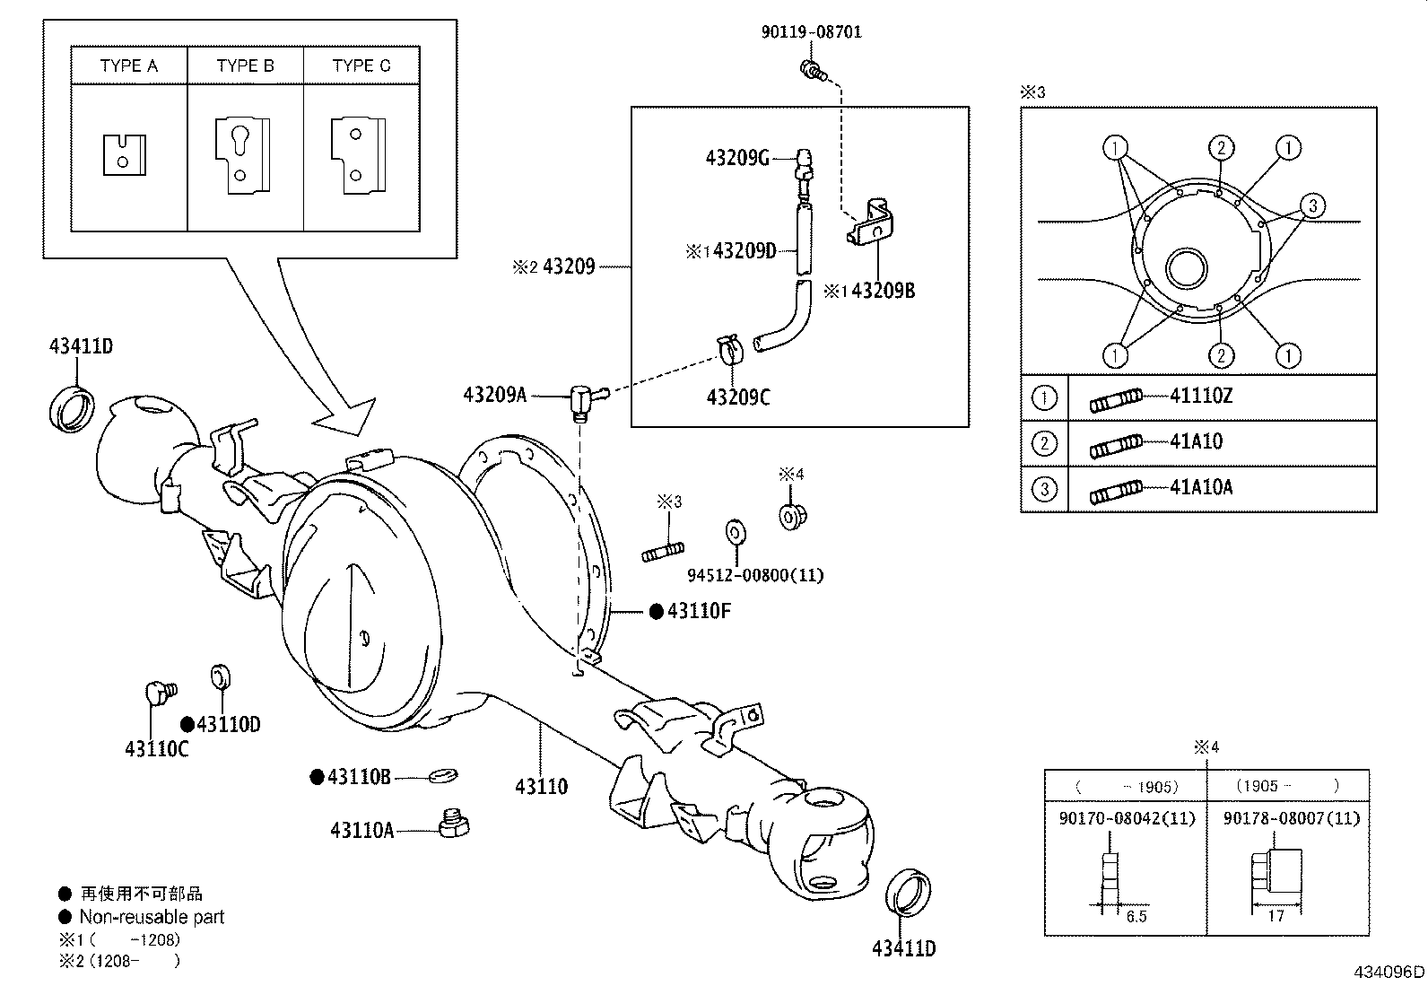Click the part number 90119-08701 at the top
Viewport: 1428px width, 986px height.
(x=811, y=31)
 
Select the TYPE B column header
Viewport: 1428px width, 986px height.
(x=245, y=65)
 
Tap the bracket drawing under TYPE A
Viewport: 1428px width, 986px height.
(x=125, y=154)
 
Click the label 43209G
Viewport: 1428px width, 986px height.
(x=737, y=158)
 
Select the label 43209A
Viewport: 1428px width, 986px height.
(x=495, y=394)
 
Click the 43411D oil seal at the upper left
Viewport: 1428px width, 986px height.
(x=71, y=406)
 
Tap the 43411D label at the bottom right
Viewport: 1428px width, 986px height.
(x=903, y=948)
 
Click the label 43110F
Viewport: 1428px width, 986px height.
(x=699, y=611)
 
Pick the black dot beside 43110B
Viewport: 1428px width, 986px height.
(x=317, y=777)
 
